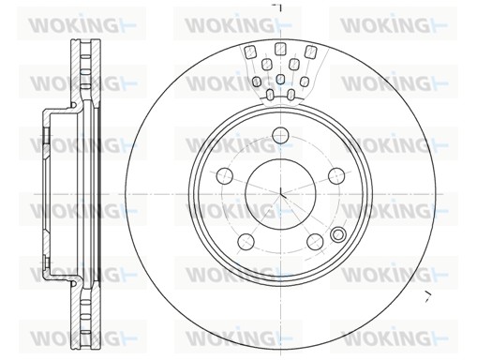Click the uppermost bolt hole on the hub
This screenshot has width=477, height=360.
click(x=280, y=134)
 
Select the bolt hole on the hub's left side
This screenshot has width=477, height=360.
click(x=225, y=174)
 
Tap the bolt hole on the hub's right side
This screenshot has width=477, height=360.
click(x=336, y=174)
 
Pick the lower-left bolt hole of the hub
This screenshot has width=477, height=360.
click(x=246, y=241)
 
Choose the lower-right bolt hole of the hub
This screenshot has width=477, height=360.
click(x=315, y=241)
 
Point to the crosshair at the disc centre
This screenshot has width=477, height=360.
click(x=281, y=193)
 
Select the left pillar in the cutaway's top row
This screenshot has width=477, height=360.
click(x=251, y=52)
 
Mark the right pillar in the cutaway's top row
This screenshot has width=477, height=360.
click(x=309, y=52)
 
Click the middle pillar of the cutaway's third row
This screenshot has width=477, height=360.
click(x=280, y=80)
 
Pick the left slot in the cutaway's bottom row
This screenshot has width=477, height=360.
click(x=270, y=94)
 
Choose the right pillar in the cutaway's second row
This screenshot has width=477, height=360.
click(x=294, y=65)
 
